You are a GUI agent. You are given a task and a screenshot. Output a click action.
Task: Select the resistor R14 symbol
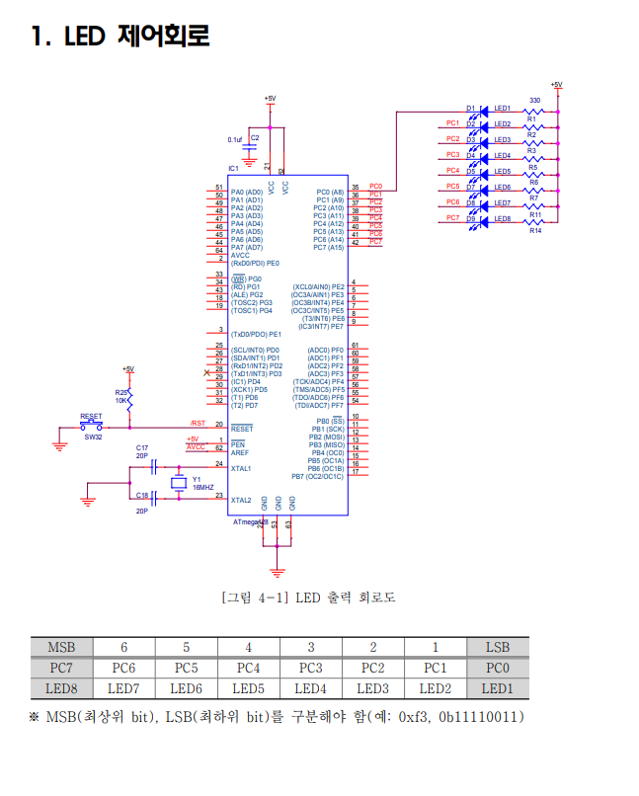pyautogui.click(x=534, y=220)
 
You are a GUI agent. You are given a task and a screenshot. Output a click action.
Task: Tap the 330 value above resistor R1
pyautogui.click(x=534, y=101)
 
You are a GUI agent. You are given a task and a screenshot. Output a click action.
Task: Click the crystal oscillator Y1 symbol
pyautogui.click(x=179, y=483)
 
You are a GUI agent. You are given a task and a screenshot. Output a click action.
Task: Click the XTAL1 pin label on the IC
pyautogui.click(x=241, y=468)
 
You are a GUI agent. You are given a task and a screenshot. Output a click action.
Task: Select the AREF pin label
pyautogui.click(x=240, y=452)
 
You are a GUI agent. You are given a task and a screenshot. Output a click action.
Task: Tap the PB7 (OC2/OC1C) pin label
pyautogui.click(x=317, y=476)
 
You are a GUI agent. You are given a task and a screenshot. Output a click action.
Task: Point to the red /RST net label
pyautogui.click(x=198, y=423)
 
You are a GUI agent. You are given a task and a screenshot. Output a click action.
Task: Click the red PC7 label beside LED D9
pyautogui.click(x=452, y=217)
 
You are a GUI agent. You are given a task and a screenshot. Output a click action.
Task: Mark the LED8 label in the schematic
pyautogui.click(x=502, y=219)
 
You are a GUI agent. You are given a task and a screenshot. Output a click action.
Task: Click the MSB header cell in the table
pyautogui.click(x=61, y=647)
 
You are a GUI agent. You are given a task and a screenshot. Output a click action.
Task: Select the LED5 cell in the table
pyautogui.click(x=249, y=688)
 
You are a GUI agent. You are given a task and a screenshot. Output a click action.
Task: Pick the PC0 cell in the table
pyautogui.click(x=497, y=668)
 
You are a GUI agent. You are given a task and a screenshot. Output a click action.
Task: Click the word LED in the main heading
pyautogui.click(x=87, y=38)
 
